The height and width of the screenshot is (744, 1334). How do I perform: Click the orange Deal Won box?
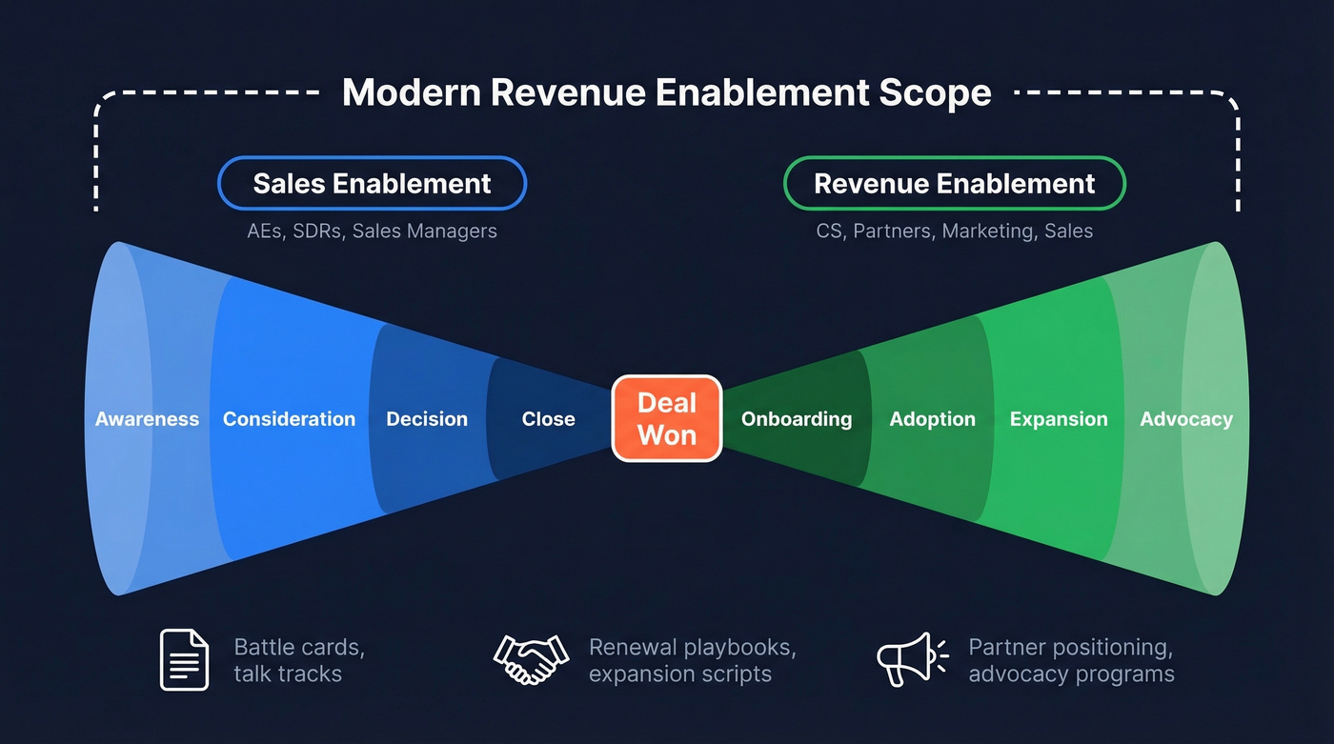coord(667,418)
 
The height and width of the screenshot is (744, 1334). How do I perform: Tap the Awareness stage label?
coord(147,419)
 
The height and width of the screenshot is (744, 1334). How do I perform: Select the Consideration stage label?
coord(289,419)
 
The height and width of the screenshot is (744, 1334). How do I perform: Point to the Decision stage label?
coord(427,419)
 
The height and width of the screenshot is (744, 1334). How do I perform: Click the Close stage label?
coord(548,419)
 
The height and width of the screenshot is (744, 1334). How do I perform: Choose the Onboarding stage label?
coord(797,419)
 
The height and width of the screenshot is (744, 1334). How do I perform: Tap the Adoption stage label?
coord(932,419)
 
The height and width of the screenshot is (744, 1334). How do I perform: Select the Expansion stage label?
coord(1059,419)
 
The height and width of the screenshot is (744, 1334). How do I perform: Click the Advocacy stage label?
coord(1186,419)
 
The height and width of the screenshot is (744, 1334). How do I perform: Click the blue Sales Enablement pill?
coord(372,183)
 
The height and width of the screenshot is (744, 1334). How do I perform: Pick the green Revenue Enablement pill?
coord(954,183)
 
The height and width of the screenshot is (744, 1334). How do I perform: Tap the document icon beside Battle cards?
coord(184,659)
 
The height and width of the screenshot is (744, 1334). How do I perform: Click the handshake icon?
coord(531,659)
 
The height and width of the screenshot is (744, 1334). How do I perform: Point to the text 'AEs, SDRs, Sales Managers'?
coord(372,231)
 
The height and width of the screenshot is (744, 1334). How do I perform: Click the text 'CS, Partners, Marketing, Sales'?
coord(954,231)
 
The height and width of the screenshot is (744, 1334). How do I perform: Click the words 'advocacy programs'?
coord(1071,674)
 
